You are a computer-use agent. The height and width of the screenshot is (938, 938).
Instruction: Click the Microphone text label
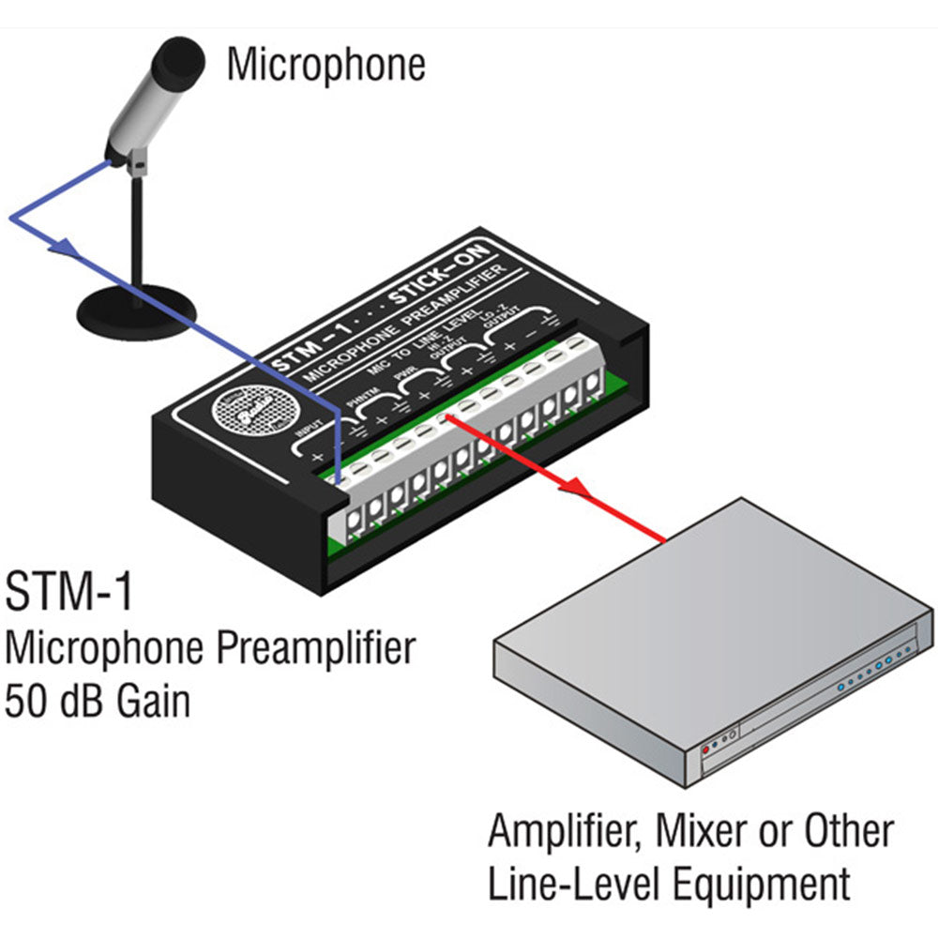[x=325, y=64]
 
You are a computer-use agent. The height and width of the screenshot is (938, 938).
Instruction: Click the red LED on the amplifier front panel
[x=705, y=750]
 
